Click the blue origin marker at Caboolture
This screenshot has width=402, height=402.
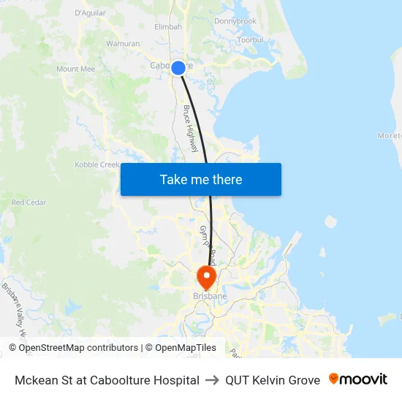(178, 68)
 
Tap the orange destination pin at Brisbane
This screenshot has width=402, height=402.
(207, 276)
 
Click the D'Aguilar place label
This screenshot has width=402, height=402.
(91, 13)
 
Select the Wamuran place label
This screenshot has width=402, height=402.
(123, 44)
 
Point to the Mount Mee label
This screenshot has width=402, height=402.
(76, 69)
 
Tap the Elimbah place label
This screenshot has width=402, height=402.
(168, 27)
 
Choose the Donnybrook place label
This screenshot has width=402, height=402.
(235, 21)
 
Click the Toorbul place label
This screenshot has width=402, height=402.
(250, 39)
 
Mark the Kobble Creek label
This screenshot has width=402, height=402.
(97, 165)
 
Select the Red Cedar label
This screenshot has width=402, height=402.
(29, 202)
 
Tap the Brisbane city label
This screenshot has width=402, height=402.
(210, 296)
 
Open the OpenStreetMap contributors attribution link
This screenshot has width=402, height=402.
(73, 348)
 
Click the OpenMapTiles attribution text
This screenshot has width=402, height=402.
(184, 348)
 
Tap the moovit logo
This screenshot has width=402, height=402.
(357, 379)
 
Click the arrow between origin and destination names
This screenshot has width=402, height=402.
(213, 380)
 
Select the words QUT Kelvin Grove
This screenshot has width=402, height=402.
(273, 380)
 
